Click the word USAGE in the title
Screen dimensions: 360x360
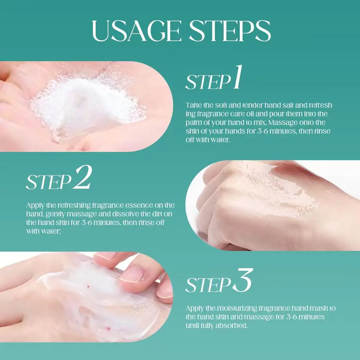coord(137,31)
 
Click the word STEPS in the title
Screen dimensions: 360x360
coord(230,31)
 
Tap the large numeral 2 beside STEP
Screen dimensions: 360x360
coord(83,177)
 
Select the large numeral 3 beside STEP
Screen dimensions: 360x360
coord(243,280)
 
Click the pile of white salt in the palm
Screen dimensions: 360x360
coord(87,105)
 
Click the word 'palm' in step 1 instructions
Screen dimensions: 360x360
coord(192,123)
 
